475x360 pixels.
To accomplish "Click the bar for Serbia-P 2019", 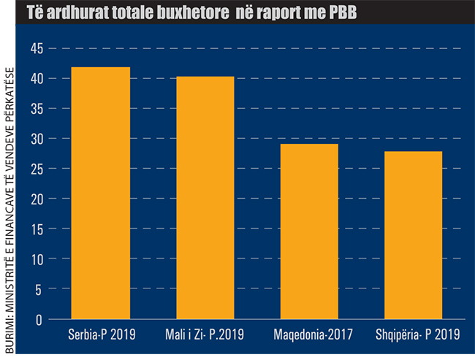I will click(x=100, y=194).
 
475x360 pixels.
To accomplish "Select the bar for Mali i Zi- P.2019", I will click(x=205, y=198).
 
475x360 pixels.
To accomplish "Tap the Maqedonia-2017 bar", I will click(x=309, y=231).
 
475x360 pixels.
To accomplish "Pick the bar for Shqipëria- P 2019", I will click(x=413, y=235).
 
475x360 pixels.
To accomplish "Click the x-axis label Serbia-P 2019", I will click(x=100, y=336).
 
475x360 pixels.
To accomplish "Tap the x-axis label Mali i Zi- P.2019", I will click(x=205, y=336).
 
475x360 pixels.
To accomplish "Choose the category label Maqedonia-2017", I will click(x=309, y=336).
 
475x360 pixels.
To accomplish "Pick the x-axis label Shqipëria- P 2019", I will click(x=414, y=336).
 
